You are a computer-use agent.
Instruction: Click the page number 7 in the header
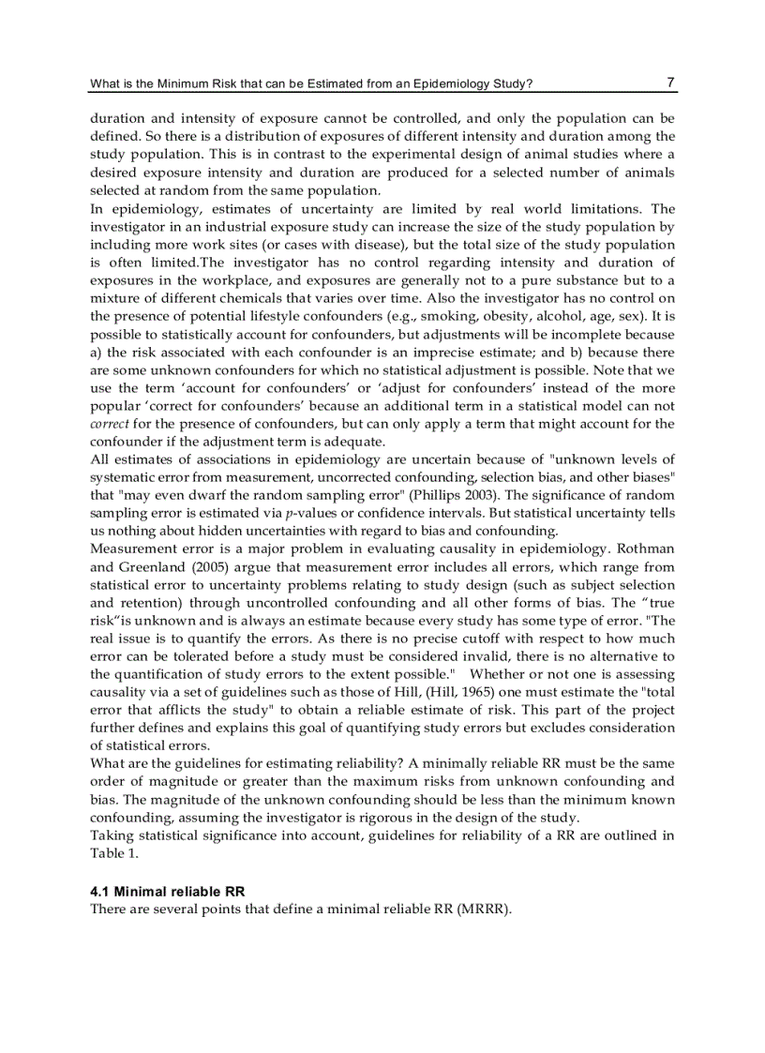click(x=670, y=83)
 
